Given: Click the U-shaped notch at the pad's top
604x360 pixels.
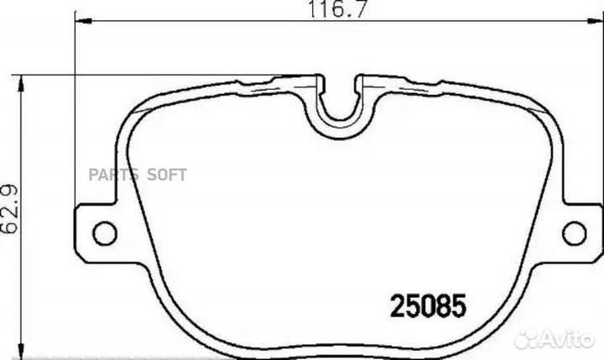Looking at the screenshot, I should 341,101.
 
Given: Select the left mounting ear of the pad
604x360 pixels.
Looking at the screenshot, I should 96,230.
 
